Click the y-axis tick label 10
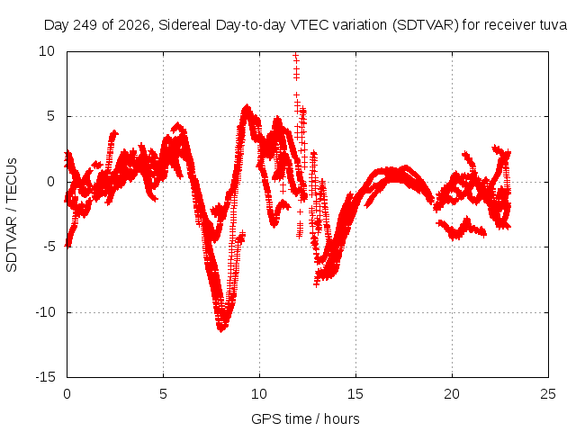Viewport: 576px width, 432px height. click(47, 51)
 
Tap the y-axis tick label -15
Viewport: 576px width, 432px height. click(45, 377)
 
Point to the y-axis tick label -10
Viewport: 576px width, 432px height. click(45, 312)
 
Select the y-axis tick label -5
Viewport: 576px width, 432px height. click(49, 247)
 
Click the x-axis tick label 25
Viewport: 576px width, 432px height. click(548, 394)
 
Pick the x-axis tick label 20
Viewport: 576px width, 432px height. click(452, 394)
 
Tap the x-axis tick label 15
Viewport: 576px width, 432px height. click(355, 394)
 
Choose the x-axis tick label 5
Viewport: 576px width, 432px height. click(163, 394)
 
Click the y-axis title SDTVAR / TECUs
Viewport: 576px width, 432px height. click(12, 215)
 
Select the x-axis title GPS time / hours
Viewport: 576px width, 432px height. click(305, 418)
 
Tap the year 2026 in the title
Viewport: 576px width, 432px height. click(133, 25)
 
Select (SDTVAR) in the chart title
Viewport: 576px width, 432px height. click(426, 25)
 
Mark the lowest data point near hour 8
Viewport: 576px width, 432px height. click(221, 329)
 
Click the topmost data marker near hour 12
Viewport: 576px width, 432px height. click(296, 55)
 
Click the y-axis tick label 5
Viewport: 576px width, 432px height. click(50, 116)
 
